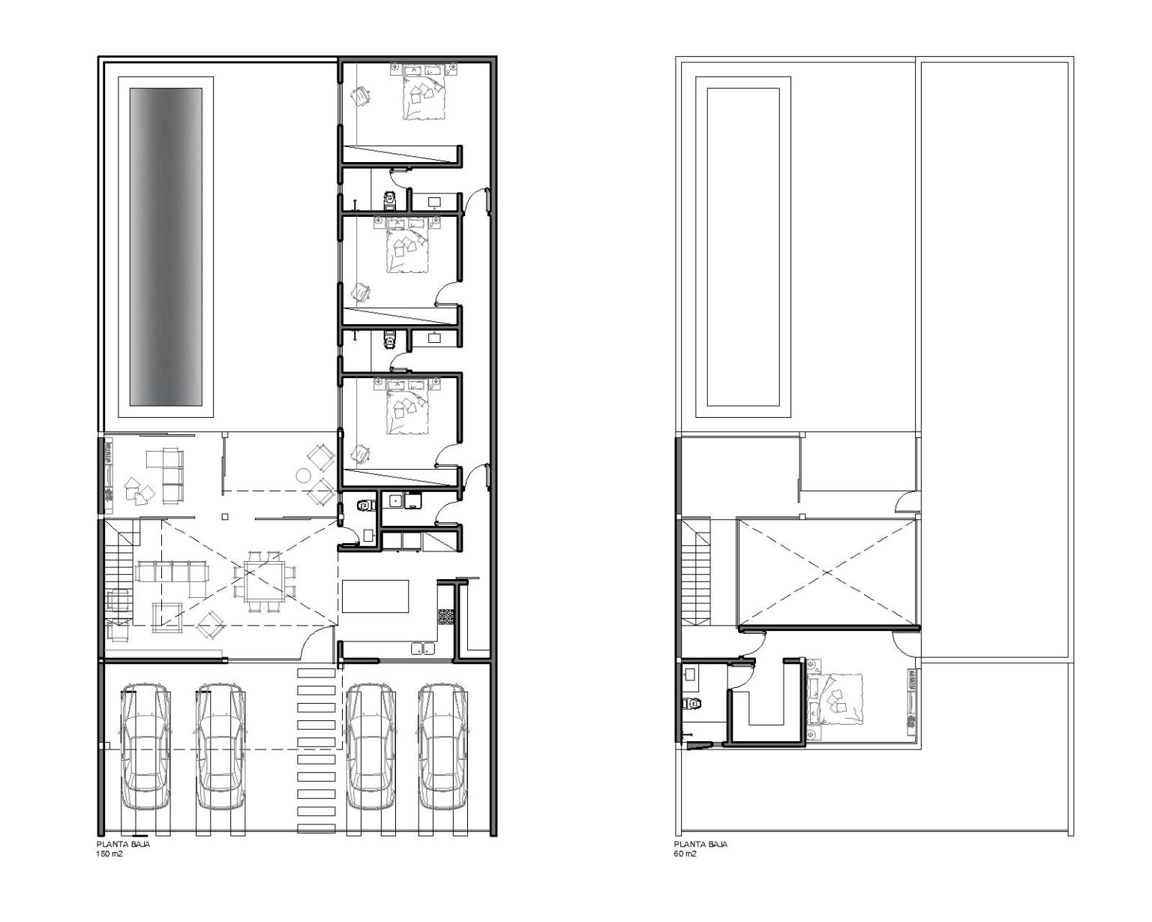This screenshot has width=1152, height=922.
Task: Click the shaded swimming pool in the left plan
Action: tap(166, 247)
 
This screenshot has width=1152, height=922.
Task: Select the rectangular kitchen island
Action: tap(376, 596)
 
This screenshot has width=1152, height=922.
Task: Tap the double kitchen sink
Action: tap(424, 649)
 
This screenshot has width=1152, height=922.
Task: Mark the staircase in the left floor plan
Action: tap(118, 573)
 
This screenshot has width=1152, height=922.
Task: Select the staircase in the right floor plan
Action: tap(696, 572)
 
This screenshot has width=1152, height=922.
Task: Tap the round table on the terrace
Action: tap(304, 474)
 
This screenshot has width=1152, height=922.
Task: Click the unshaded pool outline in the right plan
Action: tap(743, 247)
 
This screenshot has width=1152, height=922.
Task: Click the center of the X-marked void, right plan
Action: tap(827, 572)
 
